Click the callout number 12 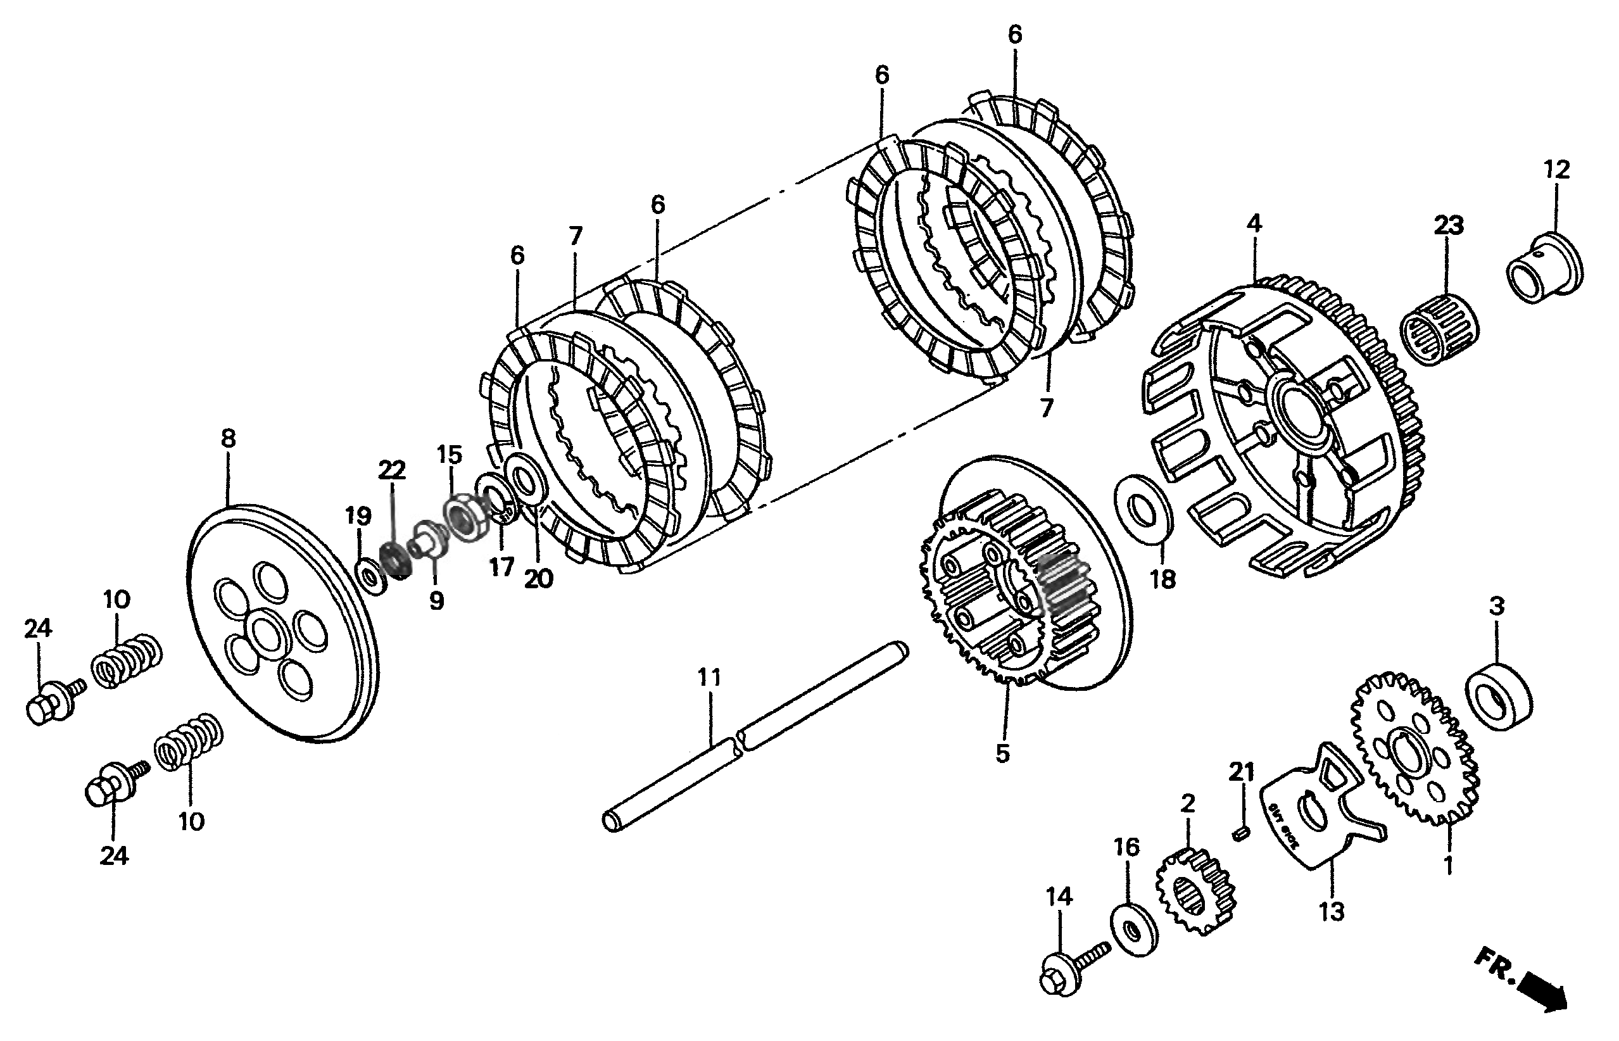pos(1557,169)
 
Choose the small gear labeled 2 pos(1195,892)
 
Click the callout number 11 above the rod pos(709,678)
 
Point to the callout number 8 pos(229,439)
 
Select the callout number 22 pos(392,470)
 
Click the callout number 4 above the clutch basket pos(1254,224)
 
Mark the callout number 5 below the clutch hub pos(1002,753)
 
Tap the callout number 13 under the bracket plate pos(1332,912)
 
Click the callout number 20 pos(539,579)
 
